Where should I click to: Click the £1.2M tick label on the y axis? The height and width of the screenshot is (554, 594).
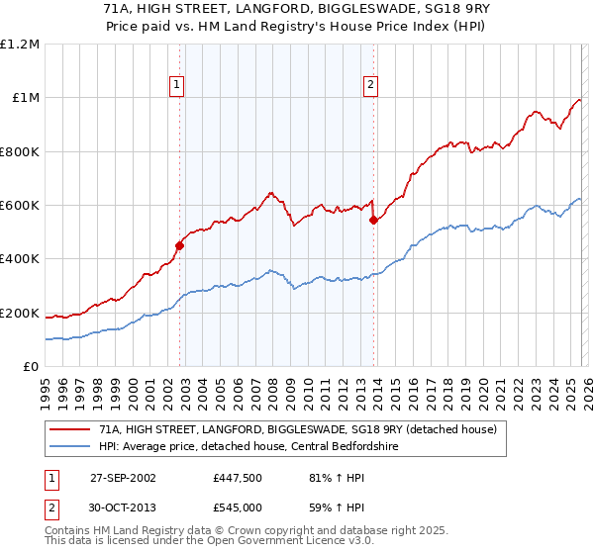[20, 45]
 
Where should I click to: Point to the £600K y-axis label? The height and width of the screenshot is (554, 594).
[20, 206]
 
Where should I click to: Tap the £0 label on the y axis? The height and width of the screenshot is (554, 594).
[31, 367]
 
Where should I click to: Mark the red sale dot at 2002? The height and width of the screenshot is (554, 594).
[179, 246]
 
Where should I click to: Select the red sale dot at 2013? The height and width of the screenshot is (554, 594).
[373, 221]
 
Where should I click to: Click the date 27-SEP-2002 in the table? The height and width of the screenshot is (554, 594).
[123, 477]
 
